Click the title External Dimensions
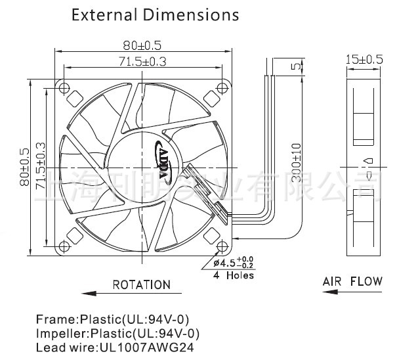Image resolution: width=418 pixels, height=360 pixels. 155,14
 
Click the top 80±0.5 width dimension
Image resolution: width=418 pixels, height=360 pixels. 142,45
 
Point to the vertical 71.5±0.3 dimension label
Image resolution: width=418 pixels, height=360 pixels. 41,167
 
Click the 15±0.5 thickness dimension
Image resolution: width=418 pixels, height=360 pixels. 364,60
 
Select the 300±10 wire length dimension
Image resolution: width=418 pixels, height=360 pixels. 296,162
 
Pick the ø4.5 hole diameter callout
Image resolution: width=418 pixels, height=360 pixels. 228,263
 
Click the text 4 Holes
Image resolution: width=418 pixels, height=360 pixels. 234,276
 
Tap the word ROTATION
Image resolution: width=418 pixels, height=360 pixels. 141,284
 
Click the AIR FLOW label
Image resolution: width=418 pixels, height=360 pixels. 352,282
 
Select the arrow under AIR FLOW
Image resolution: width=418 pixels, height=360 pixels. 352,293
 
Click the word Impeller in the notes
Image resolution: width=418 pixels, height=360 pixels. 56,334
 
